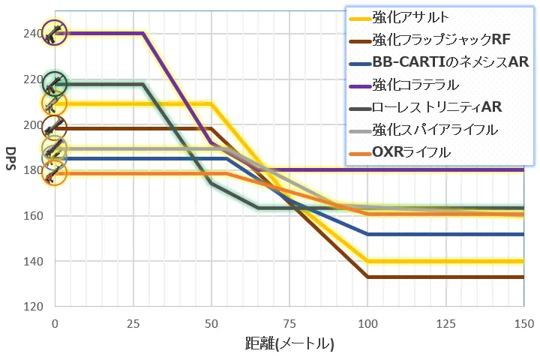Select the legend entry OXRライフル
click(x=410, y=152)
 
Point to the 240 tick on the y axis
click(x=35, y=34)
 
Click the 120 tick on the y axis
click(x=35, y=307)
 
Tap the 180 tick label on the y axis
click(x=35, y=170)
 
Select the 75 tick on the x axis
click(x=289, y=322)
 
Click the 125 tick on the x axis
click(x=445, y=322)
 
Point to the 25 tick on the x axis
click(x=133, y=322)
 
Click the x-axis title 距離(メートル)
click(x=289, y=344)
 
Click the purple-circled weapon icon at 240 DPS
click(x=55, y=32)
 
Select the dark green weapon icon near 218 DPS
click(x=55, y=83)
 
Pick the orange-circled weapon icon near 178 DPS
click(x=55, y=174)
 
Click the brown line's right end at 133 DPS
click(x=523, y=277)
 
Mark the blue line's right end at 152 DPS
click(x=523, y=234)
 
